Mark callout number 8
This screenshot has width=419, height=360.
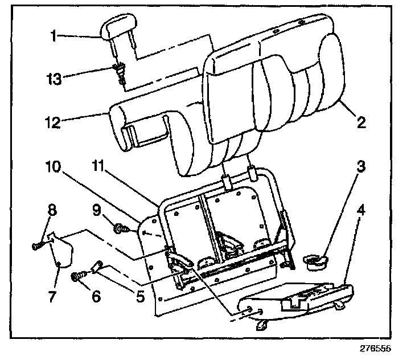coord(52,211)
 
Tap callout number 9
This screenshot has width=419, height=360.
coord(98,211)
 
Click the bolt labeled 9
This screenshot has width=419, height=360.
coord(121,229)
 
